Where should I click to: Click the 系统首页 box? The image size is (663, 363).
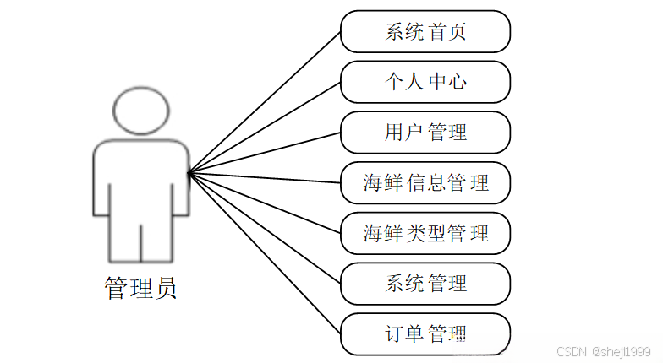pyautogui.click(x=425, y=32)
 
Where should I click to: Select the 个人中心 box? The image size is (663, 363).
pyautogui.click(x=425, y=82)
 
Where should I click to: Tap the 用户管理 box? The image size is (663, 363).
pyautogui.click(x=425, y=132)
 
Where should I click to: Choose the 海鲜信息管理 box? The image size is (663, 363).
pyautogui.click(x=425, y=181)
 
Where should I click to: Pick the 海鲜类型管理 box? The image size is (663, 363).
pyautogui.click(x=425, y=232)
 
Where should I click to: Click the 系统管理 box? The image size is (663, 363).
pyautogui.click(x=425, y=282)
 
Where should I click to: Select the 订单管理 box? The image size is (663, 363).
pyautogui.click(x=425, y=333)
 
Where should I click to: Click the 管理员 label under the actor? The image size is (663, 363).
pyautogui.click(x=140, y=289)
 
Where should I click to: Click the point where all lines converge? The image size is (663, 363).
pyautogui.click(x=188, y=173)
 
